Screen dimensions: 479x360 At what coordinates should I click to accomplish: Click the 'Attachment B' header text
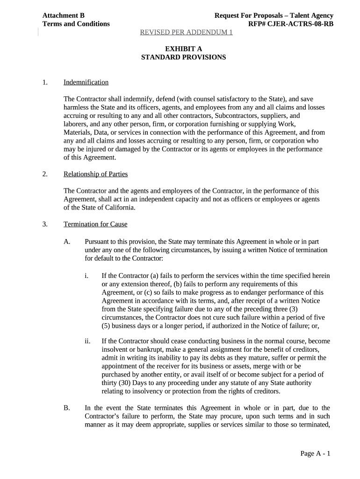point(64,15)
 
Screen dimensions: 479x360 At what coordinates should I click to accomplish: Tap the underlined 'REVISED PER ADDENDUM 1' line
point(187,32)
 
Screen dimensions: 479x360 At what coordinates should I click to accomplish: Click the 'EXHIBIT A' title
point(183,49)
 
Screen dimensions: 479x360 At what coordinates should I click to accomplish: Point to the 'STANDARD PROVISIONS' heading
point(183,57)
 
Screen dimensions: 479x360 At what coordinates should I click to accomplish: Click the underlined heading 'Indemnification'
point(86,82)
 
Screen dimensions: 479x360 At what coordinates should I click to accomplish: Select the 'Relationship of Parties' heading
point(95,174)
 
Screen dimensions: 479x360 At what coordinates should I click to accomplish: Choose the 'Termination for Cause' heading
point(95,224)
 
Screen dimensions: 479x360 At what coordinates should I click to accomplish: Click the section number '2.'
point(45,174)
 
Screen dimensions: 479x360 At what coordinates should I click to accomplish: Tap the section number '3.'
point(45,224)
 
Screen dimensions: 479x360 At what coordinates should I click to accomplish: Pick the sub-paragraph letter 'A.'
point(67,241)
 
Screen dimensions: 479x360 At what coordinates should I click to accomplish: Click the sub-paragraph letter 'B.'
point(67,408)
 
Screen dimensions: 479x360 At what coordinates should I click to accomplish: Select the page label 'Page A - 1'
point(316,454)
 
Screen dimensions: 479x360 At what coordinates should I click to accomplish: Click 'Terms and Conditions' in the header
point(76,24)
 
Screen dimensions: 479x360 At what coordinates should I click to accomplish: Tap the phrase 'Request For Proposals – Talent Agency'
point(274,15)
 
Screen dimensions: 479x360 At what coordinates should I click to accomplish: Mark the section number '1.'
point(45,82)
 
